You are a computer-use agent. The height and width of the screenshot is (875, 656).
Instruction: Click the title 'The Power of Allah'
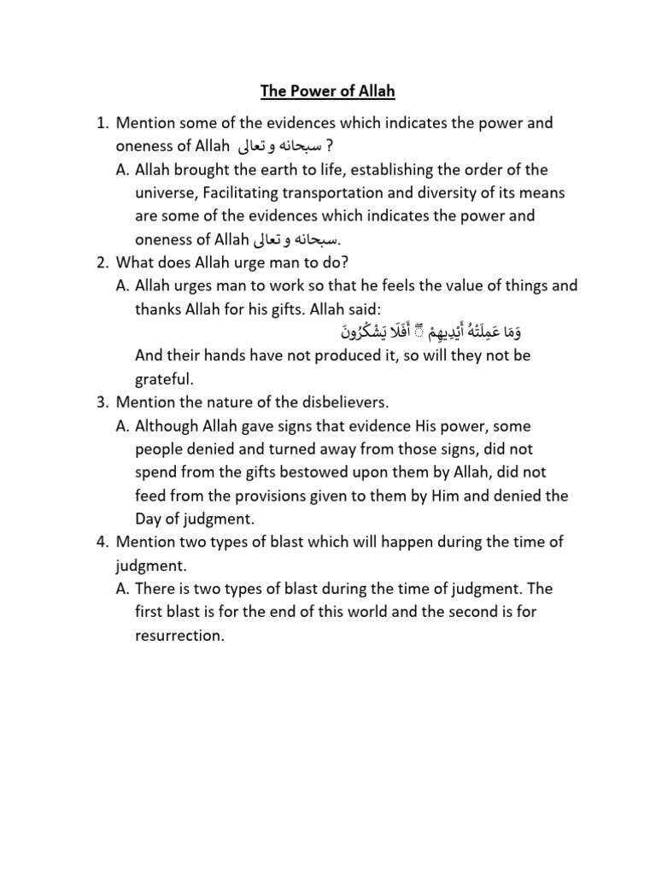point(328,91)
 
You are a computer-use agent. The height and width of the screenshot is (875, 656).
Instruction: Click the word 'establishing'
point(381,169)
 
